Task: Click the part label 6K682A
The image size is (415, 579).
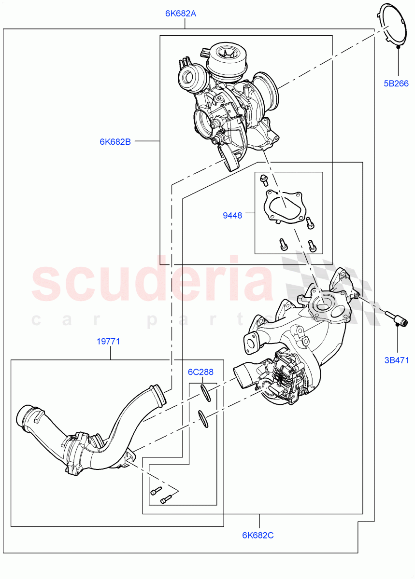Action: point(181,14)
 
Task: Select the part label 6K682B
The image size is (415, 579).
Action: point(115,142)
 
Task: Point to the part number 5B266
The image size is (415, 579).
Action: point(396,83)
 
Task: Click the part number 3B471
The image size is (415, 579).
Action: point(397,360)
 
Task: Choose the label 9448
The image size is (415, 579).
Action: point(232,216)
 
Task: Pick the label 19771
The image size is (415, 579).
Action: point(108,342)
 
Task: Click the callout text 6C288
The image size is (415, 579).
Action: point(200,372)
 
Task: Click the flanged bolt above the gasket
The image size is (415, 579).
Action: point(264,180)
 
